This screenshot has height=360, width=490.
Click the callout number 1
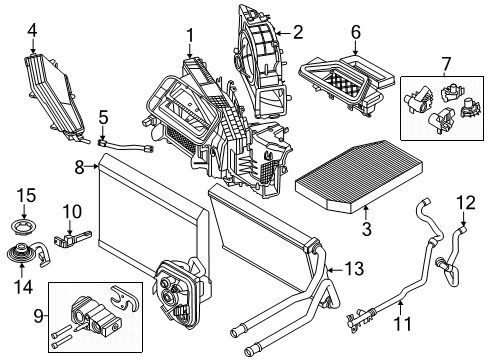(190, 36)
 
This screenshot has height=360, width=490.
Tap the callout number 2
(298, 33)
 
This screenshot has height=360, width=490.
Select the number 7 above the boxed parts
(446, 64)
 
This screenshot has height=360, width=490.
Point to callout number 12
(466, 202)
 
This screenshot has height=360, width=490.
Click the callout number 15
(26, 195)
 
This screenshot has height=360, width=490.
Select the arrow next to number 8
(92, 166)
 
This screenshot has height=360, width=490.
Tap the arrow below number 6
(355, 48)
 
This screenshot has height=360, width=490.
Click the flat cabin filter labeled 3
(358, 177)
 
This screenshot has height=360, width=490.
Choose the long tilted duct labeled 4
(53, 97)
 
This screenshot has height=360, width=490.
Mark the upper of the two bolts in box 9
(62, 331)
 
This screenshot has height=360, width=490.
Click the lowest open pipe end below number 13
(249, 351)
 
